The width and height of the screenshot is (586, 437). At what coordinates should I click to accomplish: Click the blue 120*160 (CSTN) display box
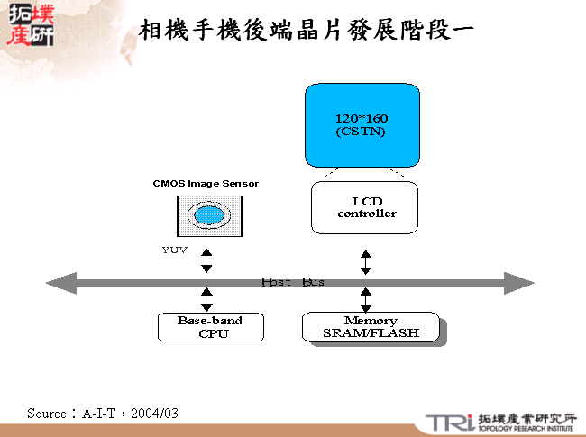coord(362,124)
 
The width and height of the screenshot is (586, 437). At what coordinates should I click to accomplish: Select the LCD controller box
coord(365,207)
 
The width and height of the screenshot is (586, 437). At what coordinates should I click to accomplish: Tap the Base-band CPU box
coord(211,327)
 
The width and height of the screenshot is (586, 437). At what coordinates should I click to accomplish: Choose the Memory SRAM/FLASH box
coord(371,327)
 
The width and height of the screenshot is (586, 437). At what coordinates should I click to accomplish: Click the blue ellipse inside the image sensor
coord(209,216)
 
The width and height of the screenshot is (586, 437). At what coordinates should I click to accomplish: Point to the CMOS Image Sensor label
coord(206,184)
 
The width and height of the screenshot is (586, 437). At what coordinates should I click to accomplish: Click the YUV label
coord(175,250)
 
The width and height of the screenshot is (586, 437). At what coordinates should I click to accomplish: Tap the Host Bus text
coord(293,282)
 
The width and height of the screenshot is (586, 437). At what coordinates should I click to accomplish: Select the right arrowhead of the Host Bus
coord(520,283)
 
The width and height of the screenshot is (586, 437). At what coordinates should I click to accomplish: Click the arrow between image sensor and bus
coord(206,260)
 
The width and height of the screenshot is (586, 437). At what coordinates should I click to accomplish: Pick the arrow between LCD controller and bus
coord(365,261)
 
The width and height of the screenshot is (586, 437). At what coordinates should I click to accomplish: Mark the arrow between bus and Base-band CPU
coord(206,300)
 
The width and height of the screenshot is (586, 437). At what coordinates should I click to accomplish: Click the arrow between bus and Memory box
coord(365,300)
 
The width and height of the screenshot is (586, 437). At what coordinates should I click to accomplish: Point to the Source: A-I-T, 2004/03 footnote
coord(103,413)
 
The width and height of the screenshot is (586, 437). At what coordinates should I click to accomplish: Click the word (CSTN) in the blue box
coord(361,132)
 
